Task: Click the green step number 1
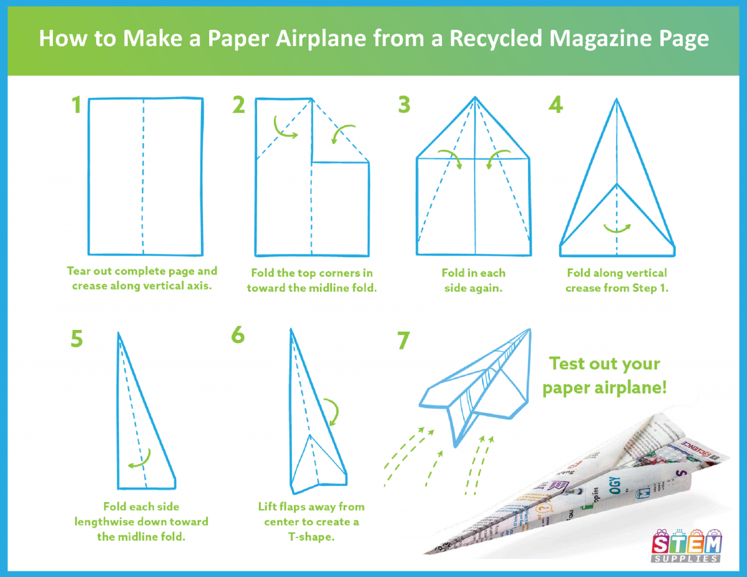(77, 105)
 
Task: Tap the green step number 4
(555, 105)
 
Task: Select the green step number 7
(403, 340)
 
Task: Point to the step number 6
(238, 334)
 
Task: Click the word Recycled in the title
(496, 38)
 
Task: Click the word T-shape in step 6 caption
(311, 537)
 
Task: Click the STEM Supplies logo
(686, 546)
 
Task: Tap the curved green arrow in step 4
(618, 229)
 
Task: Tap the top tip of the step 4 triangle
(617, 99)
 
